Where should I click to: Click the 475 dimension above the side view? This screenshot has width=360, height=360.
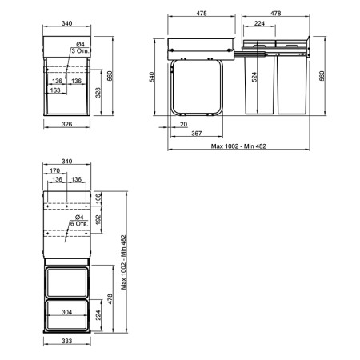point(202,13)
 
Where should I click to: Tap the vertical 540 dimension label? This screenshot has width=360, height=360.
point(152,77)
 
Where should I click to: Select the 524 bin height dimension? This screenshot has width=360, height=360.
point(254,77)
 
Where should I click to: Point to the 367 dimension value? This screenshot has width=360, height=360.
point(197,133)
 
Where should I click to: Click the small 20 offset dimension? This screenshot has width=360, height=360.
point(183,124)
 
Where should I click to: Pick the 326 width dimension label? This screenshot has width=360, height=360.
point(66,124)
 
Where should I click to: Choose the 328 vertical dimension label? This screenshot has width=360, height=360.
point(98,92)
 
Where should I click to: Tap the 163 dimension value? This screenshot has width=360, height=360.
point(55,90)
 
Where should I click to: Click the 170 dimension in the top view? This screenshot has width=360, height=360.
point(54,170)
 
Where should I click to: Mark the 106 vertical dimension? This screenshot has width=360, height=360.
point(98,198)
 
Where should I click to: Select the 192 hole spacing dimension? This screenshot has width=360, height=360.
point(98,220)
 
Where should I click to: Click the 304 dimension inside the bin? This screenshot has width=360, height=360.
point(66,312)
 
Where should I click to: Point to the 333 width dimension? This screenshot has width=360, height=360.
point(66,341)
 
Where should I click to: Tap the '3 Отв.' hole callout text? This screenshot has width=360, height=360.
point(80,50)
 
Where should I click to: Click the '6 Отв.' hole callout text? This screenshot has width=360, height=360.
point(79,223)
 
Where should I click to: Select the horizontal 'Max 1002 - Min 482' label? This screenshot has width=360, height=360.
point(238,146)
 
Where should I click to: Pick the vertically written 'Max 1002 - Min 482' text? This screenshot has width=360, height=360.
point(123,262)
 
